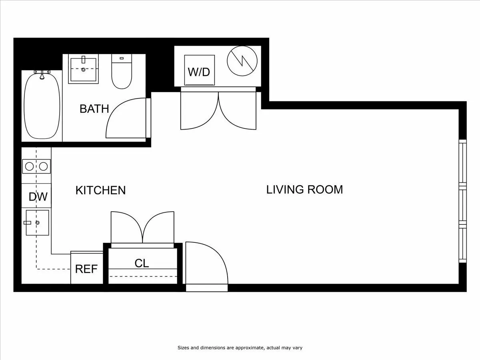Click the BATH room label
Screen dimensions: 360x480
(x=94, y=108)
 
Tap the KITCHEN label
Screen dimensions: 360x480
(x=100, y=190)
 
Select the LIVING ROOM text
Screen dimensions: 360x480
(x=304, y=189)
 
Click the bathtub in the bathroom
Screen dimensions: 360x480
(x=42, y=106)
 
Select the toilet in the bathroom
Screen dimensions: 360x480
(x=122, y=72)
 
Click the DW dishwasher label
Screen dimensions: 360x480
(x=38, y=197)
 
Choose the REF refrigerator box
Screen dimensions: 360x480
(x=86, y=268)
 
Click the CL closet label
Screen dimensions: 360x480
(x=142, y=263)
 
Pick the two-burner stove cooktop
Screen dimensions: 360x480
(x=36, y=166)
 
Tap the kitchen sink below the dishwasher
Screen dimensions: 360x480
(x=37, y=222)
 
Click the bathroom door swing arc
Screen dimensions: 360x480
(x=126, y=118)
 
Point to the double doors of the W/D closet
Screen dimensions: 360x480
(x=218, y=110)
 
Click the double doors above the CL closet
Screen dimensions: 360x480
(x=142, y=228)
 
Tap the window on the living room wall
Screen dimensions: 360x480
(x=462, y=201)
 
